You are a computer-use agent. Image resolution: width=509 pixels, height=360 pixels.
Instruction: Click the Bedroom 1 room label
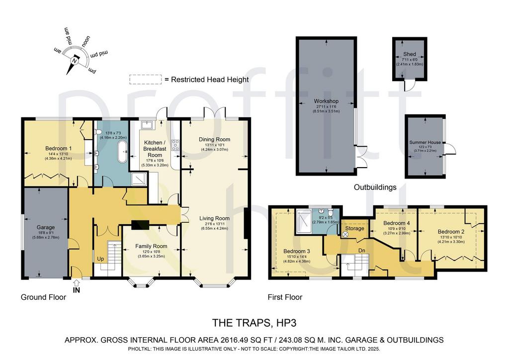coord(59,148)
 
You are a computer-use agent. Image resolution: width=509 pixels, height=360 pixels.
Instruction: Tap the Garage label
coord(45,227)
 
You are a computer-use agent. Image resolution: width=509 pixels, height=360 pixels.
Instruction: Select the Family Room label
coord(151,247)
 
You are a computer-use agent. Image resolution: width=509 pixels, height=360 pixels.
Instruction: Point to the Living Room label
coord(214,218)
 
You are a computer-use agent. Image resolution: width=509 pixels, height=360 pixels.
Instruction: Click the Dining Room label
coord(214,139)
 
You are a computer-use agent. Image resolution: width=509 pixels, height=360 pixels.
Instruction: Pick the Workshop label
coord(326,101)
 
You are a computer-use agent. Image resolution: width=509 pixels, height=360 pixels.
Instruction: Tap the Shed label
coord(410,54)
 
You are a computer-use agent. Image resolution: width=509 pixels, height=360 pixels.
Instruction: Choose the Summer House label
coord(425,142)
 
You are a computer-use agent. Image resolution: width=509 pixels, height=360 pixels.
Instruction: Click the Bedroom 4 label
coord(396,223)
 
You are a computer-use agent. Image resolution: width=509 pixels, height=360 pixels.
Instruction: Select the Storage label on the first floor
coord(354,228)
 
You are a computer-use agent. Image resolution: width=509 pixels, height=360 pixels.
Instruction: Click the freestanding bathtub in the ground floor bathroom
coord(122,152)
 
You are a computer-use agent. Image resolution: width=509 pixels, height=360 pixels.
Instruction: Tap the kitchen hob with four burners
coord(175,145)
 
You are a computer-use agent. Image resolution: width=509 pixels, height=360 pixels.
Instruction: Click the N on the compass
coord(75,61)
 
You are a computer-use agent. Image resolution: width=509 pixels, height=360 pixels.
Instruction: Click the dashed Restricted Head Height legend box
coord(146,80)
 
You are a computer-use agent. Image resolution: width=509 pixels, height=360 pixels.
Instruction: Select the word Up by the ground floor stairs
coord(100,259)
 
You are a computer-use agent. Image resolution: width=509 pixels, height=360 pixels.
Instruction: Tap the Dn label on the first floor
coord(362,251)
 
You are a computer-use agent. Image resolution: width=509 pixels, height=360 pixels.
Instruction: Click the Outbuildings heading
coord(375,187)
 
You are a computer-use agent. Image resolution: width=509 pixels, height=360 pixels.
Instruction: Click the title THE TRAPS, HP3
coord(254,323)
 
